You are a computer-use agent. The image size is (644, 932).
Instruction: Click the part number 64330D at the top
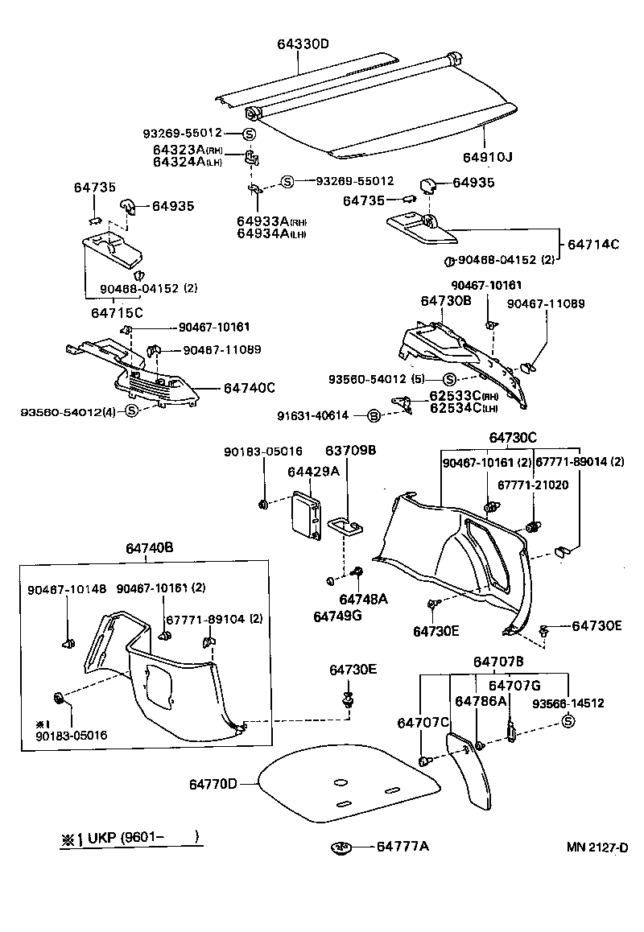pos(303,43)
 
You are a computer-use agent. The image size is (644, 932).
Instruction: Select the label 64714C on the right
pos(593,244)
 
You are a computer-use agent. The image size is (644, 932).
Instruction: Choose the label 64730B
pos(445,299)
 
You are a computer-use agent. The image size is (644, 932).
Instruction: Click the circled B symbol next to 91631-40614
pos(373,415)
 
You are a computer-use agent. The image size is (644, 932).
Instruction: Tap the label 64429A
pos(313,472)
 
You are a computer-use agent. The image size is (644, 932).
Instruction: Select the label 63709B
pos(350,451)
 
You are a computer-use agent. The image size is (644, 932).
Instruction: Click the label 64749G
pos(337,617)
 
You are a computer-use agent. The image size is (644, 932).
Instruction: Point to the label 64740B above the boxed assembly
pos(149,548)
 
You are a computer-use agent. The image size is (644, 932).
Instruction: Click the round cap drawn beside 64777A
pos(341,847)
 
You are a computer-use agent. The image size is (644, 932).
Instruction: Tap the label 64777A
pos(402,847)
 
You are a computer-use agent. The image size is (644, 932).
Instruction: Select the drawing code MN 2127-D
pos(596,847)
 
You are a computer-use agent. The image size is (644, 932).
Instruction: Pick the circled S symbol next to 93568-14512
pos(568,720)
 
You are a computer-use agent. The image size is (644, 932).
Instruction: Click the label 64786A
pos(481,701)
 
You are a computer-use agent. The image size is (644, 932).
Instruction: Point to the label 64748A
pos(364,600)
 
